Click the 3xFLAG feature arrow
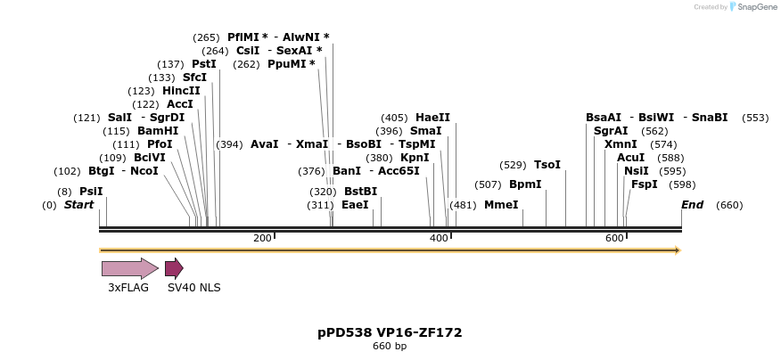click(129, 268)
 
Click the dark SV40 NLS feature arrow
click(174, 268)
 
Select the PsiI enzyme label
click(91, 192)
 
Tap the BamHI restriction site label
click(158, 131)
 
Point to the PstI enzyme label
click(204, 64)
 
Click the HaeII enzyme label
click(432, 118)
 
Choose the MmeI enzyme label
click(501, 205)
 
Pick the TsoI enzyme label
click(547, 165)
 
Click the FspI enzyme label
click(644, 184)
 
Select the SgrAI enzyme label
click(611, 131)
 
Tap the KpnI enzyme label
click(415, 158)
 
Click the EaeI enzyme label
click(355, 205)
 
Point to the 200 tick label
click(262, 238)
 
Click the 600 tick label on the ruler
click(614, 238)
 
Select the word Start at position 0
click(78, 205)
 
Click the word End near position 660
click(692, 205)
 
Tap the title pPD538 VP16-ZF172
click(390, 332)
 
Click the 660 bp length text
click(390, 346)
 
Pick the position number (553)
click(754, 118)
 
